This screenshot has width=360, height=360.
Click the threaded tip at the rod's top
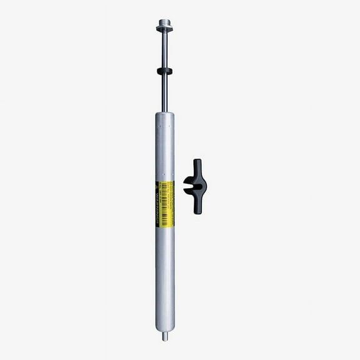(x=165, y=21)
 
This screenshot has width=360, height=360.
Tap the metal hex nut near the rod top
(x=165, y=28)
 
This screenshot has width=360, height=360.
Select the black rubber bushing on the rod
(x=165, y=71)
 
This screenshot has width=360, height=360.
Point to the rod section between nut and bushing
(x=165, y=50)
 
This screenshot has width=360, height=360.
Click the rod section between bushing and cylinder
(x=165, y=94)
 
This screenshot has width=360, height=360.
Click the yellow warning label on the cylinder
(x=165, y=204)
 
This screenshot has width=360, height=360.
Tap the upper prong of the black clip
(x=197, y=167)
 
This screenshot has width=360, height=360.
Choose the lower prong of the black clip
(x=197, y=205)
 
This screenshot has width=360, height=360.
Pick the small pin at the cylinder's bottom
(x=165, y=336)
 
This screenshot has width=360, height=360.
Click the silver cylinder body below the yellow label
(x=165, y=275)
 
